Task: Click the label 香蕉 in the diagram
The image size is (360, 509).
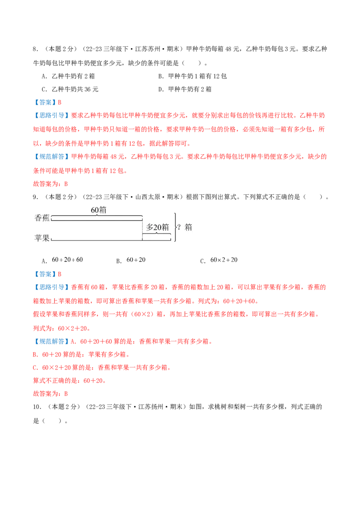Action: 42,218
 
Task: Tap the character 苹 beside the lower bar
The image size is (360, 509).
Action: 38,238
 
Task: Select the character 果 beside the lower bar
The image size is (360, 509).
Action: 46,238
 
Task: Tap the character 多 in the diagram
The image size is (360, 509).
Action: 150,228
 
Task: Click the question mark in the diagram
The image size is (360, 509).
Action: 179,228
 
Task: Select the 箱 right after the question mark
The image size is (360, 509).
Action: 188,228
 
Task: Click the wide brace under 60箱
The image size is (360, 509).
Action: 97,216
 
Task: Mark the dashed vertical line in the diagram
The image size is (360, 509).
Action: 142,229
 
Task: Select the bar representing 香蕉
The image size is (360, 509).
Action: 97,220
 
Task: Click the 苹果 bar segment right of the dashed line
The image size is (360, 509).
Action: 157,240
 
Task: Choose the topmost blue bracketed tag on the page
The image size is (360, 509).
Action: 45,102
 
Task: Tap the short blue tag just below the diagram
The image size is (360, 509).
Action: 45,273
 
